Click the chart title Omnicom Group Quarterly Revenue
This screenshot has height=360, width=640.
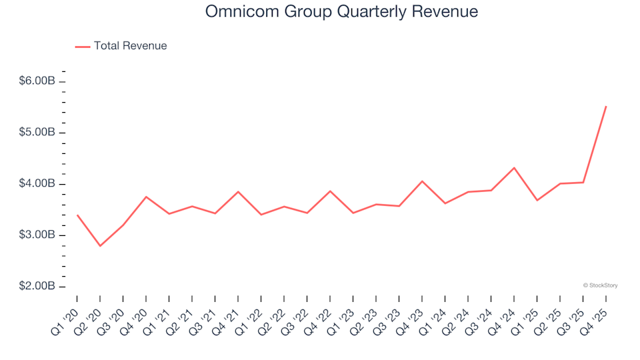pos(341,12)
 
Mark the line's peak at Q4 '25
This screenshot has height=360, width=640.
pos(605,107)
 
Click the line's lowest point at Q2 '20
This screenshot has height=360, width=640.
pos(100,246)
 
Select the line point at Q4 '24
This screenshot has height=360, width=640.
pos(513,168)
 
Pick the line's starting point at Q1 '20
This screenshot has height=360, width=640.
pos(77,215)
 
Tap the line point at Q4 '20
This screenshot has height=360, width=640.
pos(146,197)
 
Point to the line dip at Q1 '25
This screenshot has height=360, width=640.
pos(537,200)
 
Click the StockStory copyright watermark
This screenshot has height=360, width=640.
pos(600,285)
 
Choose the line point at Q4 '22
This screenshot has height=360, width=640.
pos(330,191)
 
